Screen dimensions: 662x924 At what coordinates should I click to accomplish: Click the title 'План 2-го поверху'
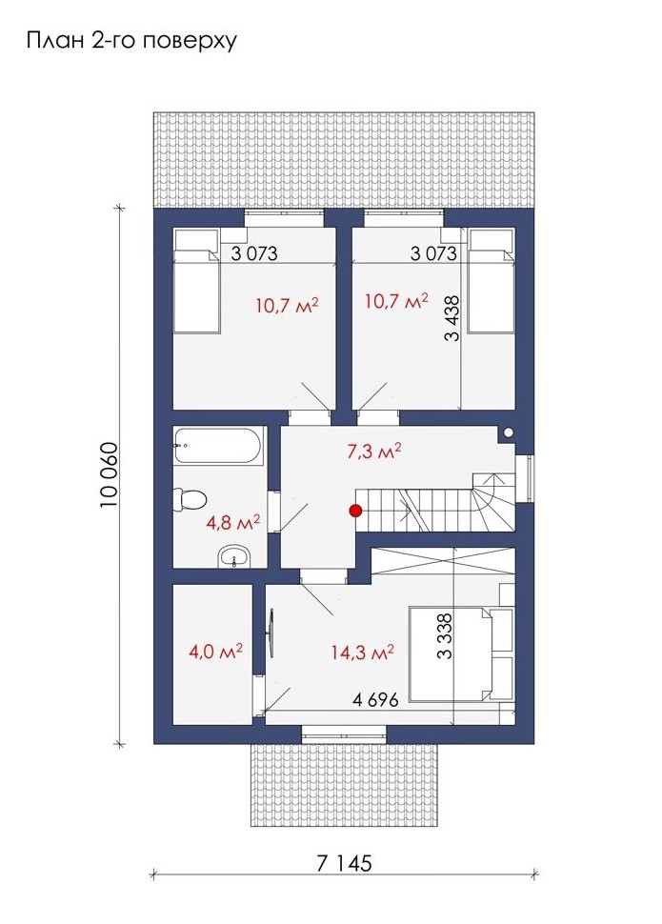coord(131,41)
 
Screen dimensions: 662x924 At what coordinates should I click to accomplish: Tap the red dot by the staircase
coord(355,511)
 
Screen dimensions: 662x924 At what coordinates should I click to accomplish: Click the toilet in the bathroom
coord(190,498)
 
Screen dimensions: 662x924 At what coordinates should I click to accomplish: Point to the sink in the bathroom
coord(234,557)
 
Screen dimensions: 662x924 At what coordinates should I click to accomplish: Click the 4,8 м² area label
coord(233,523)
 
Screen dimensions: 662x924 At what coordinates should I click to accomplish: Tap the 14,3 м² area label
coord(362,653)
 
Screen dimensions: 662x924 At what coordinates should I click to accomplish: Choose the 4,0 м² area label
coord(215,652)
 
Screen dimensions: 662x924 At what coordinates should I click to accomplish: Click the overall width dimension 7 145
coord(344,863)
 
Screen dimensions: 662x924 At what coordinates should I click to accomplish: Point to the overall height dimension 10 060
coord(110,474)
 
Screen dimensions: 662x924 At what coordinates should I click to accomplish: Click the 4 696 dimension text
coord(375,699)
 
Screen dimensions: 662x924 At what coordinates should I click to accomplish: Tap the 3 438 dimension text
coord(452,319)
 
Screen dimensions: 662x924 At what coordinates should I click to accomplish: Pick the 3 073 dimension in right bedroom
coord(433,253)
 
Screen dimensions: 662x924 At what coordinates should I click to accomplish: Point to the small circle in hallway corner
coord(508,433)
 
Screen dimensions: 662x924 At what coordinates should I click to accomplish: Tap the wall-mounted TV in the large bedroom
coord(271,633)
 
